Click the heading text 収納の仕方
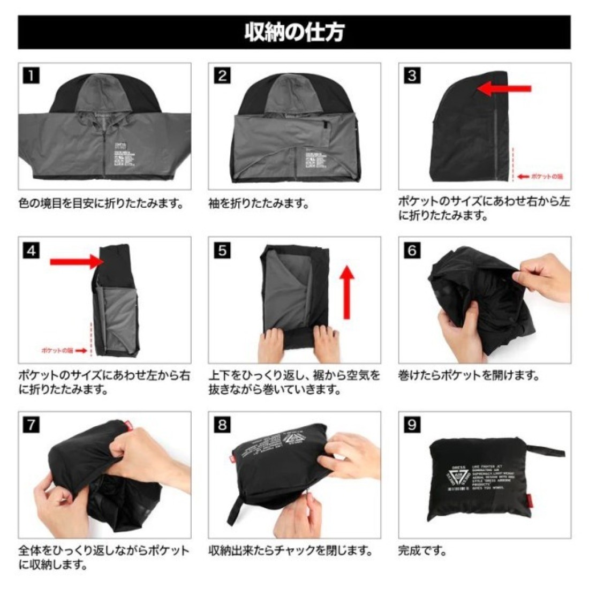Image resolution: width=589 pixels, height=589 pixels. pos(294,32)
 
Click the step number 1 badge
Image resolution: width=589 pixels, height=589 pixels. pos(32,75)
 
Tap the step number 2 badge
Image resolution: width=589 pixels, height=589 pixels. pos(222,75)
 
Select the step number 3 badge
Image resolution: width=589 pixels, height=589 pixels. pos(412,75)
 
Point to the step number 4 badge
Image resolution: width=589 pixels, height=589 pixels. pos(32,250)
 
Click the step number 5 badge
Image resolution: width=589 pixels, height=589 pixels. pos(222,250)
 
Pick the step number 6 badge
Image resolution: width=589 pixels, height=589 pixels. pos(412,250)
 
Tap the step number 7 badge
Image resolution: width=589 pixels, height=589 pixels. pos(32,425)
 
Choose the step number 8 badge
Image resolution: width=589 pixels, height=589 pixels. pos(222,425)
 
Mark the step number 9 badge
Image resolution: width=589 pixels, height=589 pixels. pos(412,425)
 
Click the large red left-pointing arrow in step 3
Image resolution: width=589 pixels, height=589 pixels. pos(504,89)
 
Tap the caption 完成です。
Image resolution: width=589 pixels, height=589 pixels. pos(422,550)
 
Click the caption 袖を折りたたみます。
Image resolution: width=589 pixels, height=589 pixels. pos(259,203)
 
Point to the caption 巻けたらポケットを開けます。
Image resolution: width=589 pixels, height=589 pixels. pos(469,375)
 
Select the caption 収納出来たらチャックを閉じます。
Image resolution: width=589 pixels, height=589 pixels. pos(290,550)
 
